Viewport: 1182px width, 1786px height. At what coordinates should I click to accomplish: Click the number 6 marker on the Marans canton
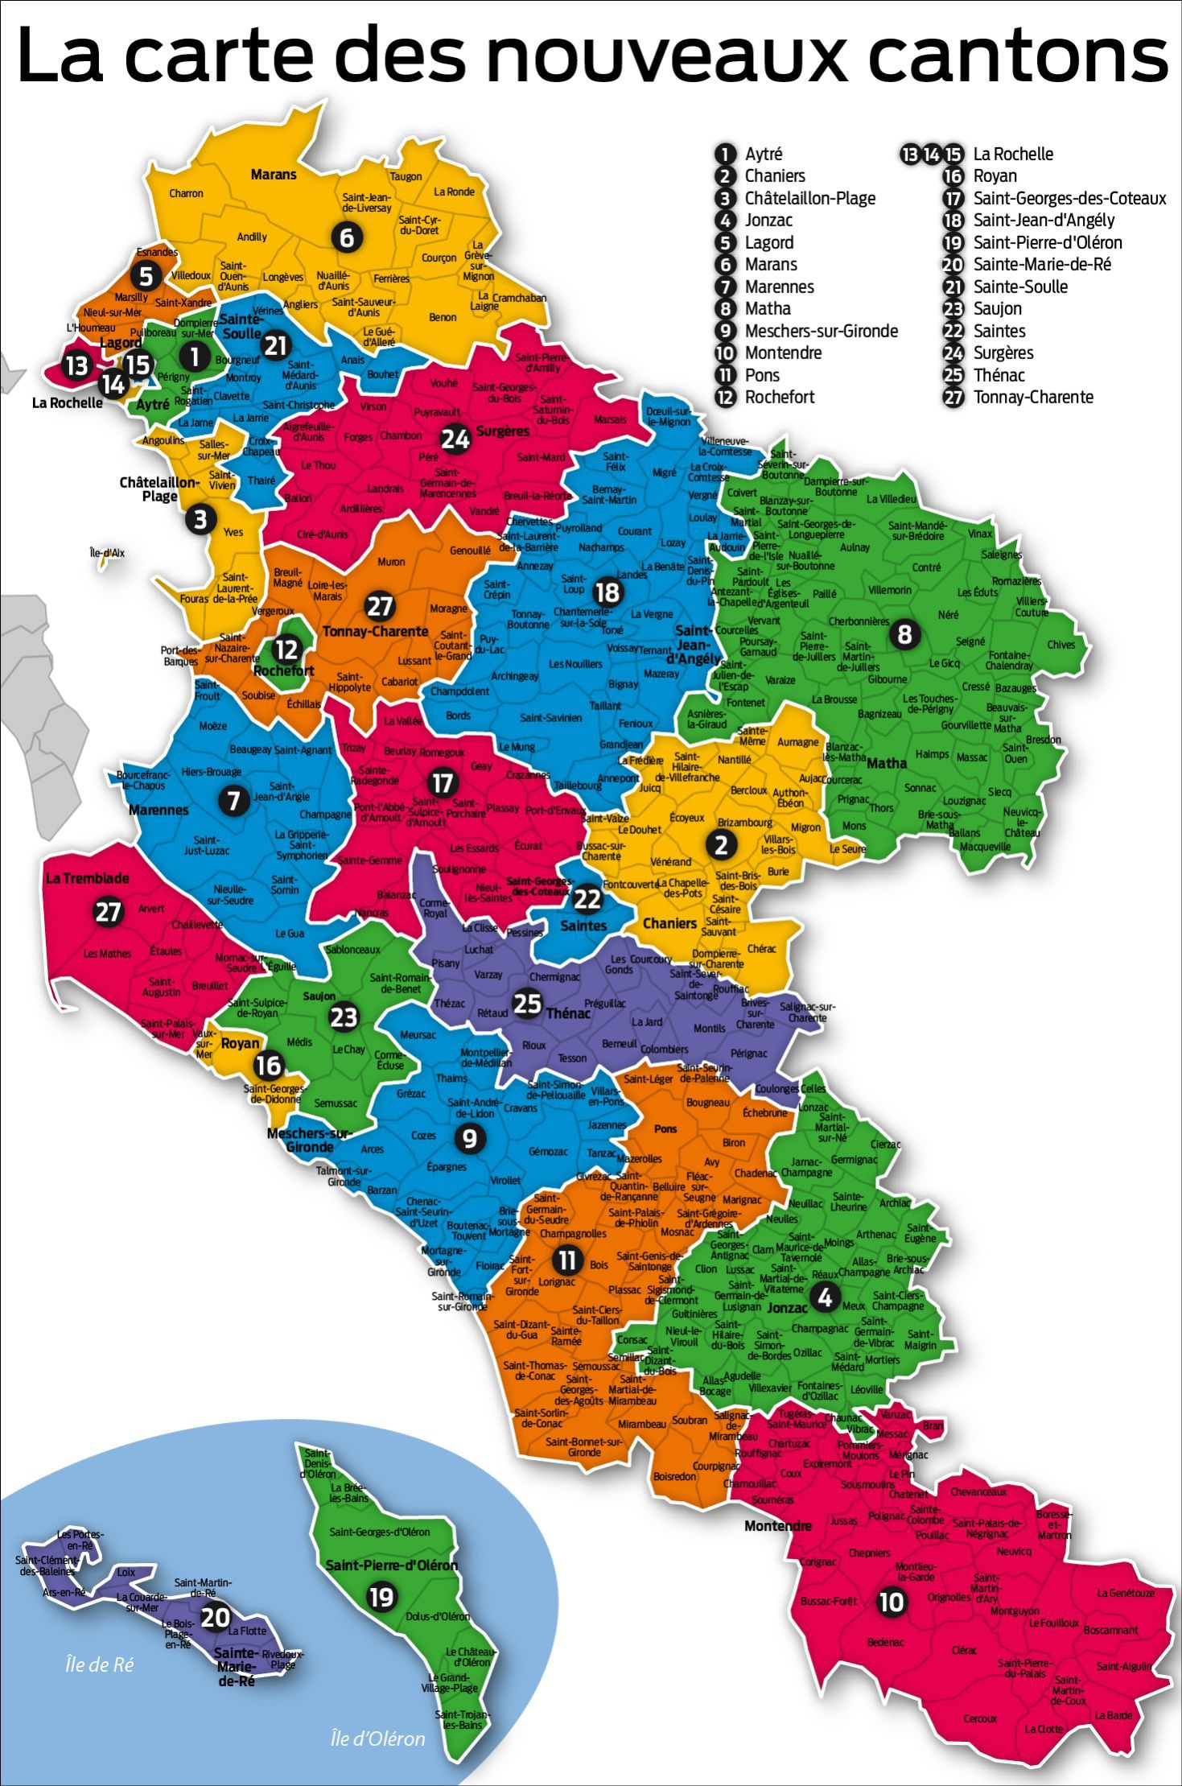pos(347,237)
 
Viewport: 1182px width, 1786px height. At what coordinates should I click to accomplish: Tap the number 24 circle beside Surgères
pos(455,439)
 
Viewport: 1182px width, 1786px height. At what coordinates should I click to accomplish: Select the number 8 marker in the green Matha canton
pos(904,634)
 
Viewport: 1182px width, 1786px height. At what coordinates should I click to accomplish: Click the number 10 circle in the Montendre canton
pos(891,1602)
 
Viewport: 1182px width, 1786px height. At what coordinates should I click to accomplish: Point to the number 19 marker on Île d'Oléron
pos(381,1596)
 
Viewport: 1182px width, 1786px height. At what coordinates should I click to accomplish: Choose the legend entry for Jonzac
pos(768,220)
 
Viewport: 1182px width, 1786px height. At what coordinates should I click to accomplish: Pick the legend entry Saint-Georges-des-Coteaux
pos(1069,198)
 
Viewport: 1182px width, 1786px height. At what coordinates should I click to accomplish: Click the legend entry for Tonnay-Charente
pos(1033,397)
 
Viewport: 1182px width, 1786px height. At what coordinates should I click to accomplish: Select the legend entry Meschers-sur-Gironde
pos(821,331)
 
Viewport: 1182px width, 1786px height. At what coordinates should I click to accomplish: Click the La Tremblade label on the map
pos(87,878)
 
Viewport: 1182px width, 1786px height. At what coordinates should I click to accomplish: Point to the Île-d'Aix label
pos(107,553)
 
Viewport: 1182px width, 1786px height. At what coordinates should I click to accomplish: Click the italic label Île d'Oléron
pos(378,1738)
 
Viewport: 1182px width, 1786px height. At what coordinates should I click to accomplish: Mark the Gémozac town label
pos(548,1152)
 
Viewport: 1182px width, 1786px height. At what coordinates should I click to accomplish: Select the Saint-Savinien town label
pos(550,717)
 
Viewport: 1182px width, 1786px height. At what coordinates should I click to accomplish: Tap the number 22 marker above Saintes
pos(587,898)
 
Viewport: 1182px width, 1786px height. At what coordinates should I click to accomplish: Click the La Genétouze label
pos(1126,1593)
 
